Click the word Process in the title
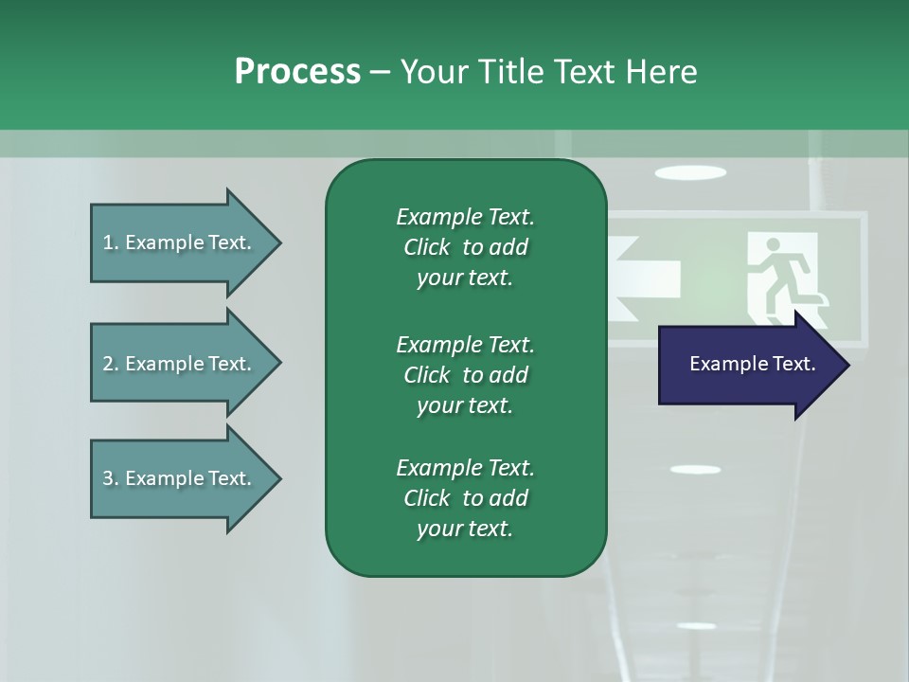(x=297, y=72)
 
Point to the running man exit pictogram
(x=785, y=275)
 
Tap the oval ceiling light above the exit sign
(x=690, y=172)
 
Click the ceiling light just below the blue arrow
(x=695, y=470)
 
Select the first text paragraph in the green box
(x=465, y=247)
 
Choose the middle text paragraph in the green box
(x=465, y=374)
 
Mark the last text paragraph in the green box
(x=465, y=498)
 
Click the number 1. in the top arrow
(x=111, y=242)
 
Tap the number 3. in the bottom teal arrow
(x=111, y=478)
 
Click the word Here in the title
(x=661, y=72)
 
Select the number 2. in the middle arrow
(x=111, y=364)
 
